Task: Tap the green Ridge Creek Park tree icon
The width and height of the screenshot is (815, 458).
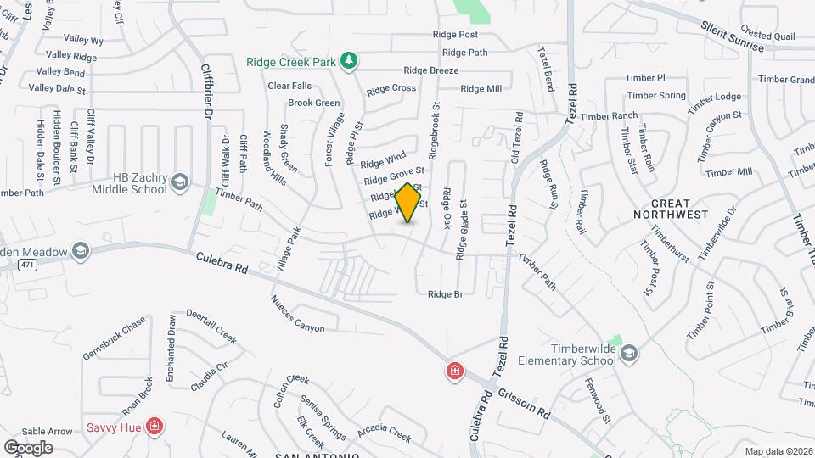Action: [x=348, y=60]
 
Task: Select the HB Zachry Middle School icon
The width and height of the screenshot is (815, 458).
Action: [x=180, y=182]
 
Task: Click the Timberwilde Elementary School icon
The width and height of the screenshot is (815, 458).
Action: [x=628, y=355]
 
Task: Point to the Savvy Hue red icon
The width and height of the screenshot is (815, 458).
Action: [x=155, y=425]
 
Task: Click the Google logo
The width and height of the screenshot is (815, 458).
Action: [x=29, y=447]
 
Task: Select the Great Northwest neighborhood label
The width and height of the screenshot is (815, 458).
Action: [x=671, y=209]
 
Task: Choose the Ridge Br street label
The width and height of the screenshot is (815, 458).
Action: [x=445, y=294]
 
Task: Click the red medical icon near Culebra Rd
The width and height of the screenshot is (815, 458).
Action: [x=455, y=371]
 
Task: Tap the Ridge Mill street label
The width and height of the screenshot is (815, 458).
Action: [x=481, y=88]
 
